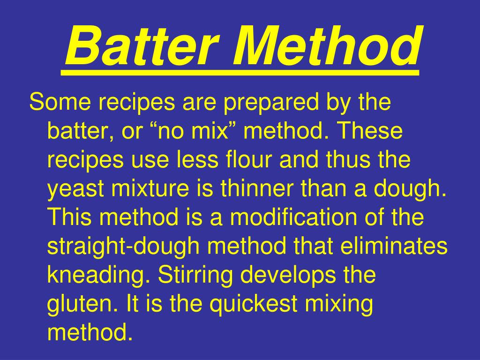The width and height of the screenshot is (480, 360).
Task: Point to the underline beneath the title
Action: coord(240,73)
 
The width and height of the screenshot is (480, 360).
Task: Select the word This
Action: coord(70,218)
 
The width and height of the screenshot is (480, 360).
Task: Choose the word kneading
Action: coord(96,276)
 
